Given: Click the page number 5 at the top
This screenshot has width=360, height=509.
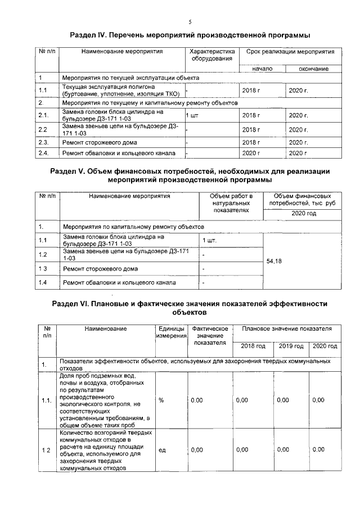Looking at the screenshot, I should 190,22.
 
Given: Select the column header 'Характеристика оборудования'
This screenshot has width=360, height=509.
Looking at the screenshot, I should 211,55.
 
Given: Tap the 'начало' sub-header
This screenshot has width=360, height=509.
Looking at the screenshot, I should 262,69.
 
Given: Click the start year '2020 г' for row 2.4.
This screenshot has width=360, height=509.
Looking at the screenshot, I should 251,153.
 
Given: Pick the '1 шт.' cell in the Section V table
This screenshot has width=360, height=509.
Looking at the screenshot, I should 209,241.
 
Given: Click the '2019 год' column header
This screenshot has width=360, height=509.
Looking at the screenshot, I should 291,346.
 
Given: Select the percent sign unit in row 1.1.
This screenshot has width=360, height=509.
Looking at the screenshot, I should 161,400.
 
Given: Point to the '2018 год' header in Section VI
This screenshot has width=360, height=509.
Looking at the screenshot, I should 252,346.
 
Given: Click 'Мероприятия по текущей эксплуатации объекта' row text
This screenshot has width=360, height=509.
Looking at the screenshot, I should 130,77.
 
